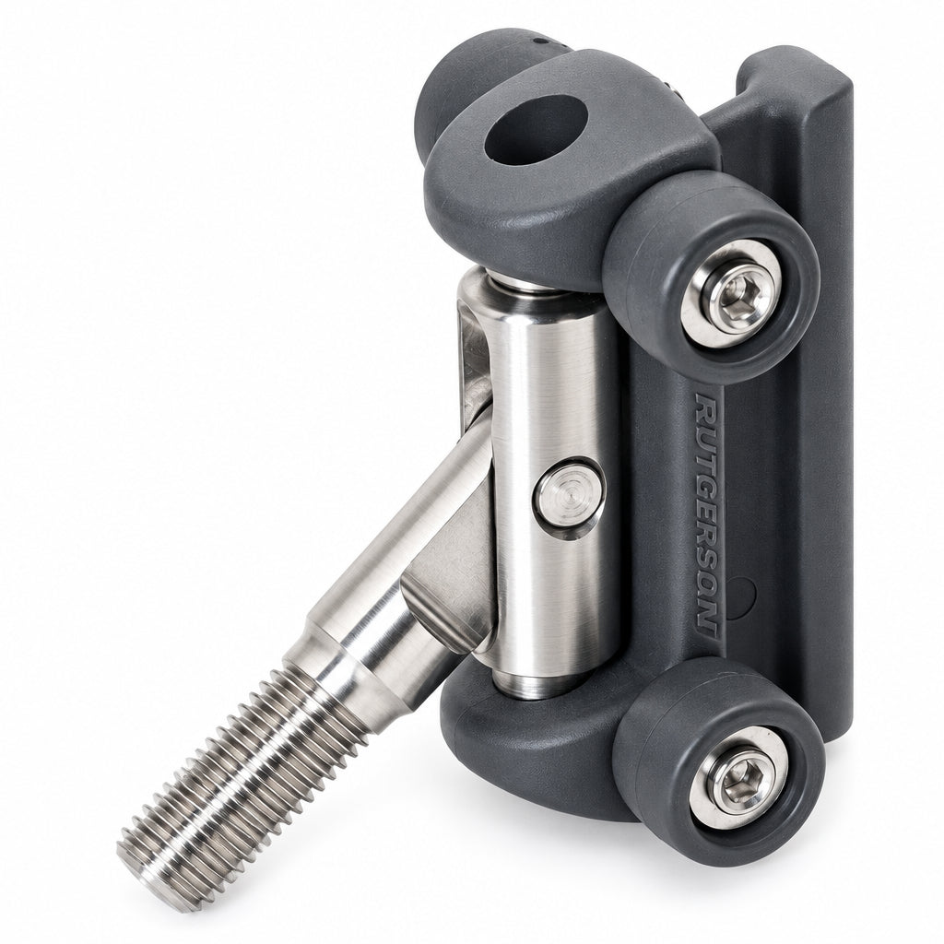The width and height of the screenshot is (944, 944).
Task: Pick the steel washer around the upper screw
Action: [x=732, y=294]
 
